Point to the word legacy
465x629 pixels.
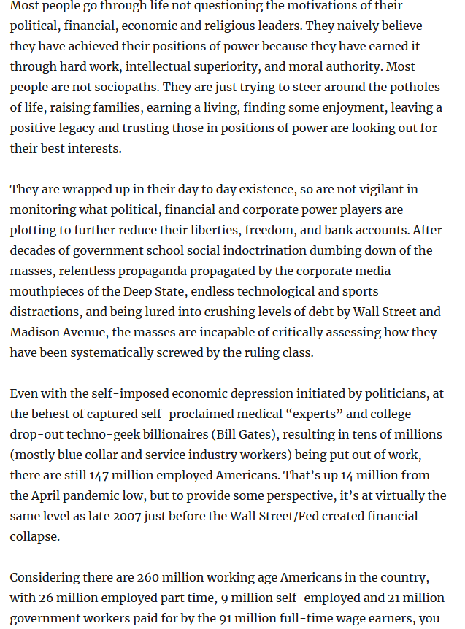pyautogui.click(x=82, y=128)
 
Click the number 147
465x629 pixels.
pyautogui.click(x=100, y=476)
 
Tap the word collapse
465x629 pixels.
pyautogui.click(x=34, y=536)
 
